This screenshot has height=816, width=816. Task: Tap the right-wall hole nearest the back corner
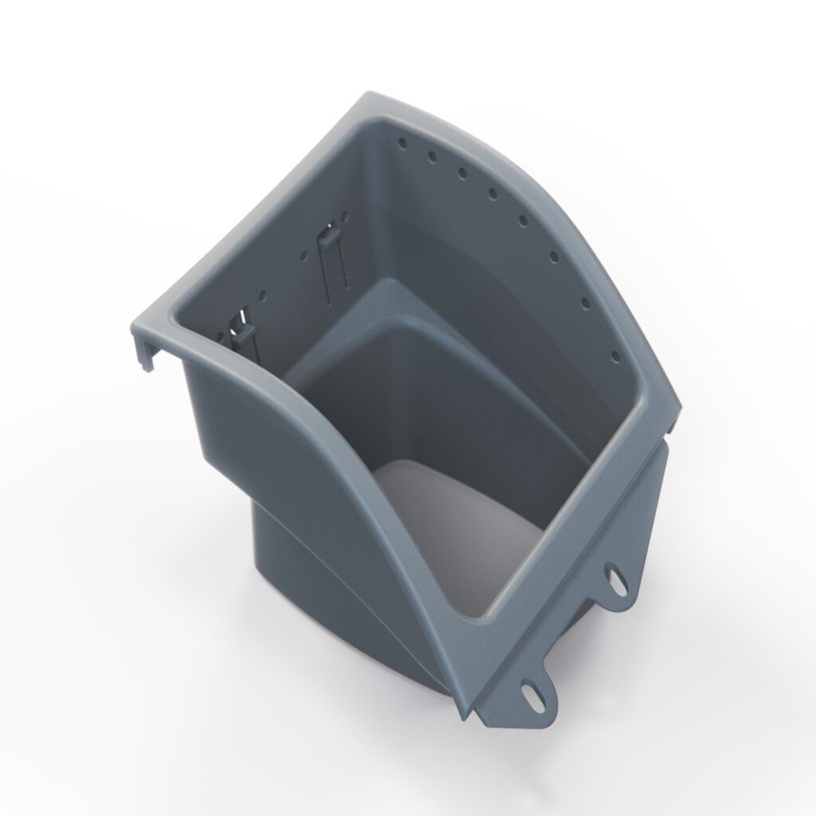tap(402, 144)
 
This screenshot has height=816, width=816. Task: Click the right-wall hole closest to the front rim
tap(614, 356)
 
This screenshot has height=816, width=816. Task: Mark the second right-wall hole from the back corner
tap(432, 157)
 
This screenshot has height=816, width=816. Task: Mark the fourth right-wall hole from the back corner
tap(492, 193)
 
